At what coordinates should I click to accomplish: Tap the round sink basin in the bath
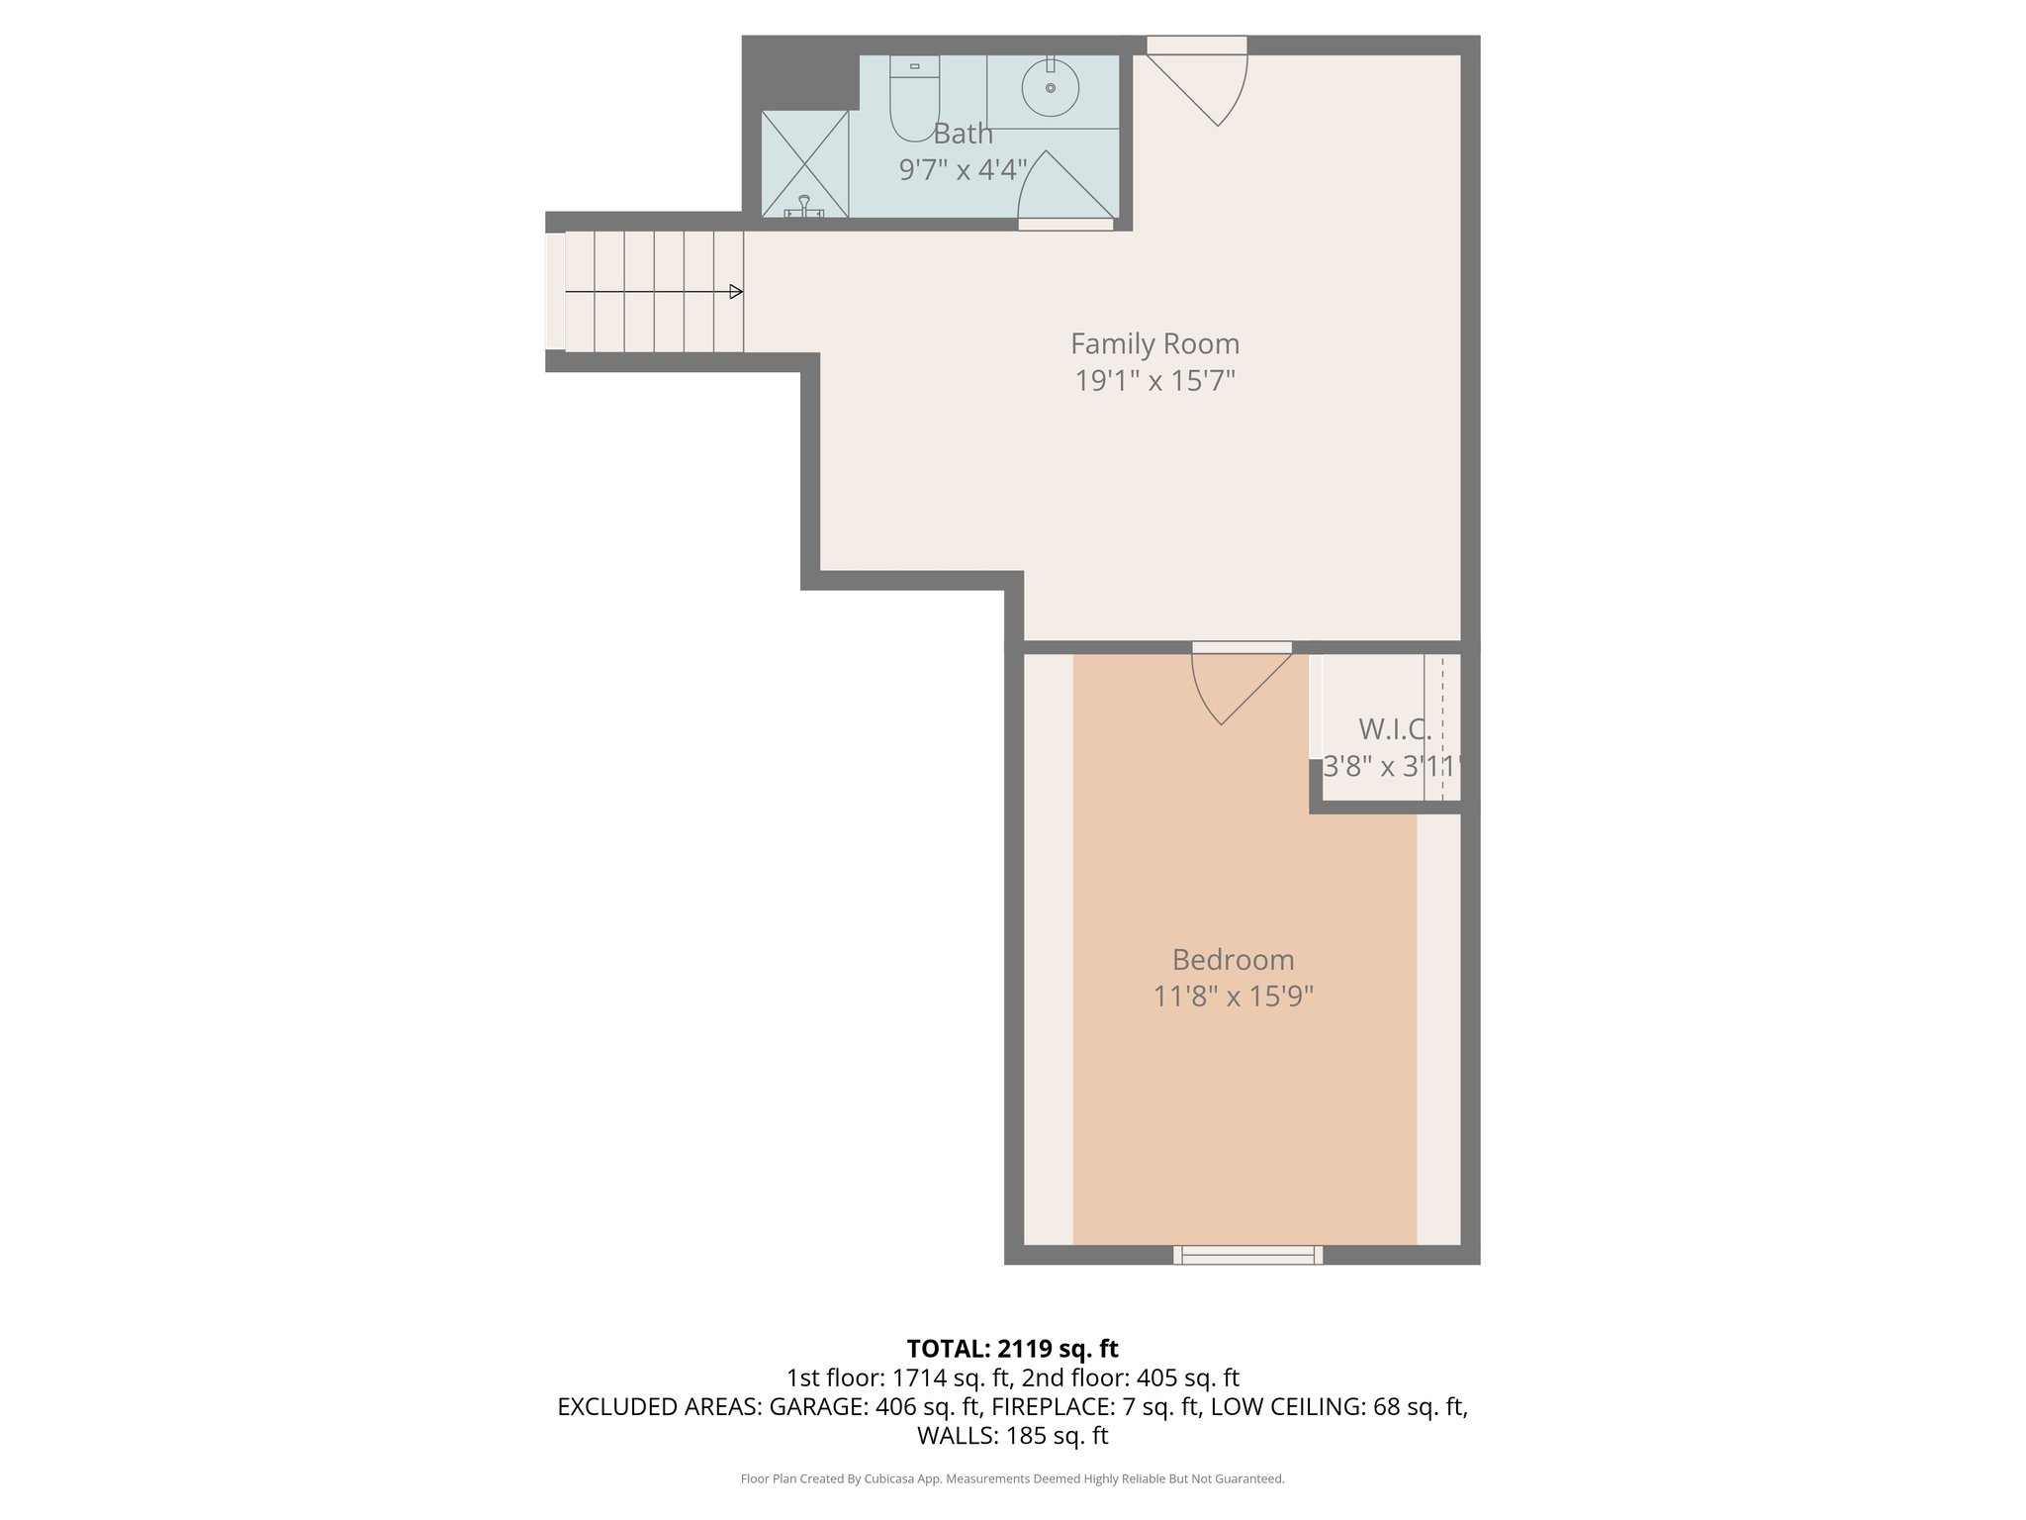[x=1051, y=87]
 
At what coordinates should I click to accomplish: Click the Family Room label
[x=1154, y=344]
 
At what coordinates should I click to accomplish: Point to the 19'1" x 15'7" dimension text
[x=1154, y=381]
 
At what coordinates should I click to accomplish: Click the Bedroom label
[x=1233, y=960]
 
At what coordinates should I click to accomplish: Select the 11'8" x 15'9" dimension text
[x=1233, y=997]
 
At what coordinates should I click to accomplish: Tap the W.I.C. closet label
[x=1394, y=729]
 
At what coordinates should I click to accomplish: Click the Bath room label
[x=963, y=134]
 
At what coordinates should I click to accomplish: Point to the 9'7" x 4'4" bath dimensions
[x=963, y=170]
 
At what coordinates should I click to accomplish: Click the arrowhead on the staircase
[x=736, y=292]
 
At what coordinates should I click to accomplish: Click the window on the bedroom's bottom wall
[x=1247, y=1255]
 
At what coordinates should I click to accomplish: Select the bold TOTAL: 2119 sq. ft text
[x=1012, y=1349]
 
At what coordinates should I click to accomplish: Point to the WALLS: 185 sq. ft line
[x=1012, y=1436]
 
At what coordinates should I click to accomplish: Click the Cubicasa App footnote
[x=1012, y=1479]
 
